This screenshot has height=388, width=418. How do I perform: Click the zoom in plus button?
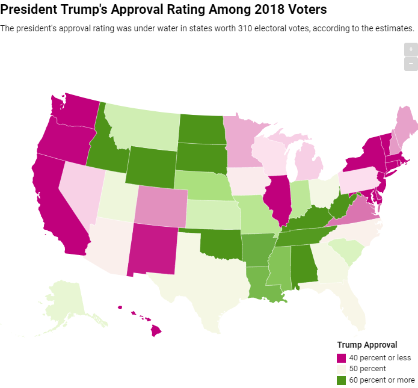coord(411,49)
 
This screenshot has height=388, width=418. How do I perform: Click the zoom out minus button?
coord(411,63)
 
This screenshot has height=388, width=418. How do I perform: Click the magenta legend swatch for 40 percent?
coord(342,357)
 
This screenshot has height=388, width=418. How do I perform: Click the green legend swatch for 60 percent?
coord(342,380)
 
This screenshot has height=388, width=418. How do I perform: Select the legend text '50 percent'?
coord(367,368)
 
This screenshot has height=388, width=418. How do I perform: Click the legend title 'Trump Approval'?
coord(367,345)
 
